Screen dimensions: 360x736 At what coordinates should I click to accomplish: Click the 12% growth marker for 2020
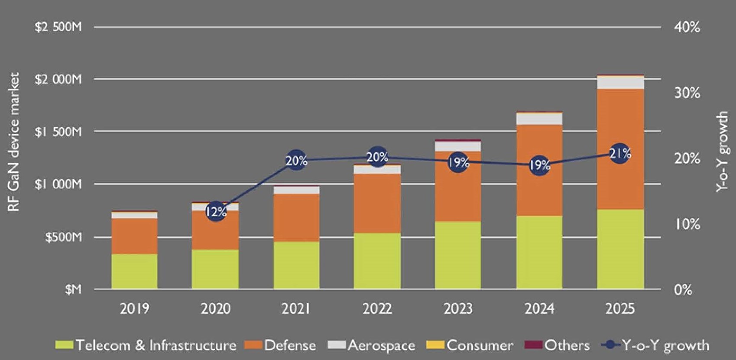coord(216,211)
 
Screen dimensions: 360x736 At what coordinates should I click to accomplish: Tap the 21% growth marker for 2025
coord(620,153)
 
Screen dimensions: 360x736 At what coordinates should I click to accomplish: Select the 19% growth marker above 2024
coord(539,165)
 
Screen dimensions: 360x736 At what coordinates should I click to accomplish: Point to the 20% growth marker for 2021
coord(296,160)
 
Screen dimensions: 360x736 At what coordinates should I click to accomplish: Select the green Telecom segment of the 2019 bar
coord(134,272)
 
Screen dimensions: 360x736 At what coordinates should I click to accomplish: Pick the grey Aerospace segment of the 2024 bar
coord(539,119)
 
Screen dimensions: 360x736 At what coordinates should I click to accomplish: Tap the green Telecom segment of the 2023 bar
coord(458,256)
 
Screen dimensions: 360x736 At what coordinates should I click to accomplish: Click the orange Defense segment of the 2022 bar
coord(377,204)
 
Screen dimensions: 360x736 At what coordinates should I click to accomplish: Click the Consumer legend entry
coord(470,345)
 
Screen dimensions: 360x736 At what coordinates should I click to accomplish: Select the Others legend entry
coord(558,345)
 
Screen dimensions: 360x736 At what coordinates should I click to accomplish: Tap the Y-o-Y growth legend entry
coord(656,345)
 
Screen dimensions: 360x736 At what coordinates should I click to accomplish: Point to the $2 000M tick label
coord(58,79)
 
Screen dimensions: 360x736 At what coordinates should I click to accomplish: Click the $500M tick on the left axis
coord(63,237)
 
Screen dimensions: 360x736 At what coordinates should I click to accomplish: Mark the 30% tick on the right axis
coord(687,93)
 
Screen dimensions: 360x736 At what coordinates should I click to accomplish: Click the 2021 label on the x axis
coord(296,308)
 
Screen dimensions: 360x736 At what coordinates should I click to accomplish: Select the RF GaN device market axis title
coord(14,142)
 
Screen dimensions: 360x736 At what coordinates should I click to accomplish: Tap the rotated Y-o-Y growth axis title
coord(722,152)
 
